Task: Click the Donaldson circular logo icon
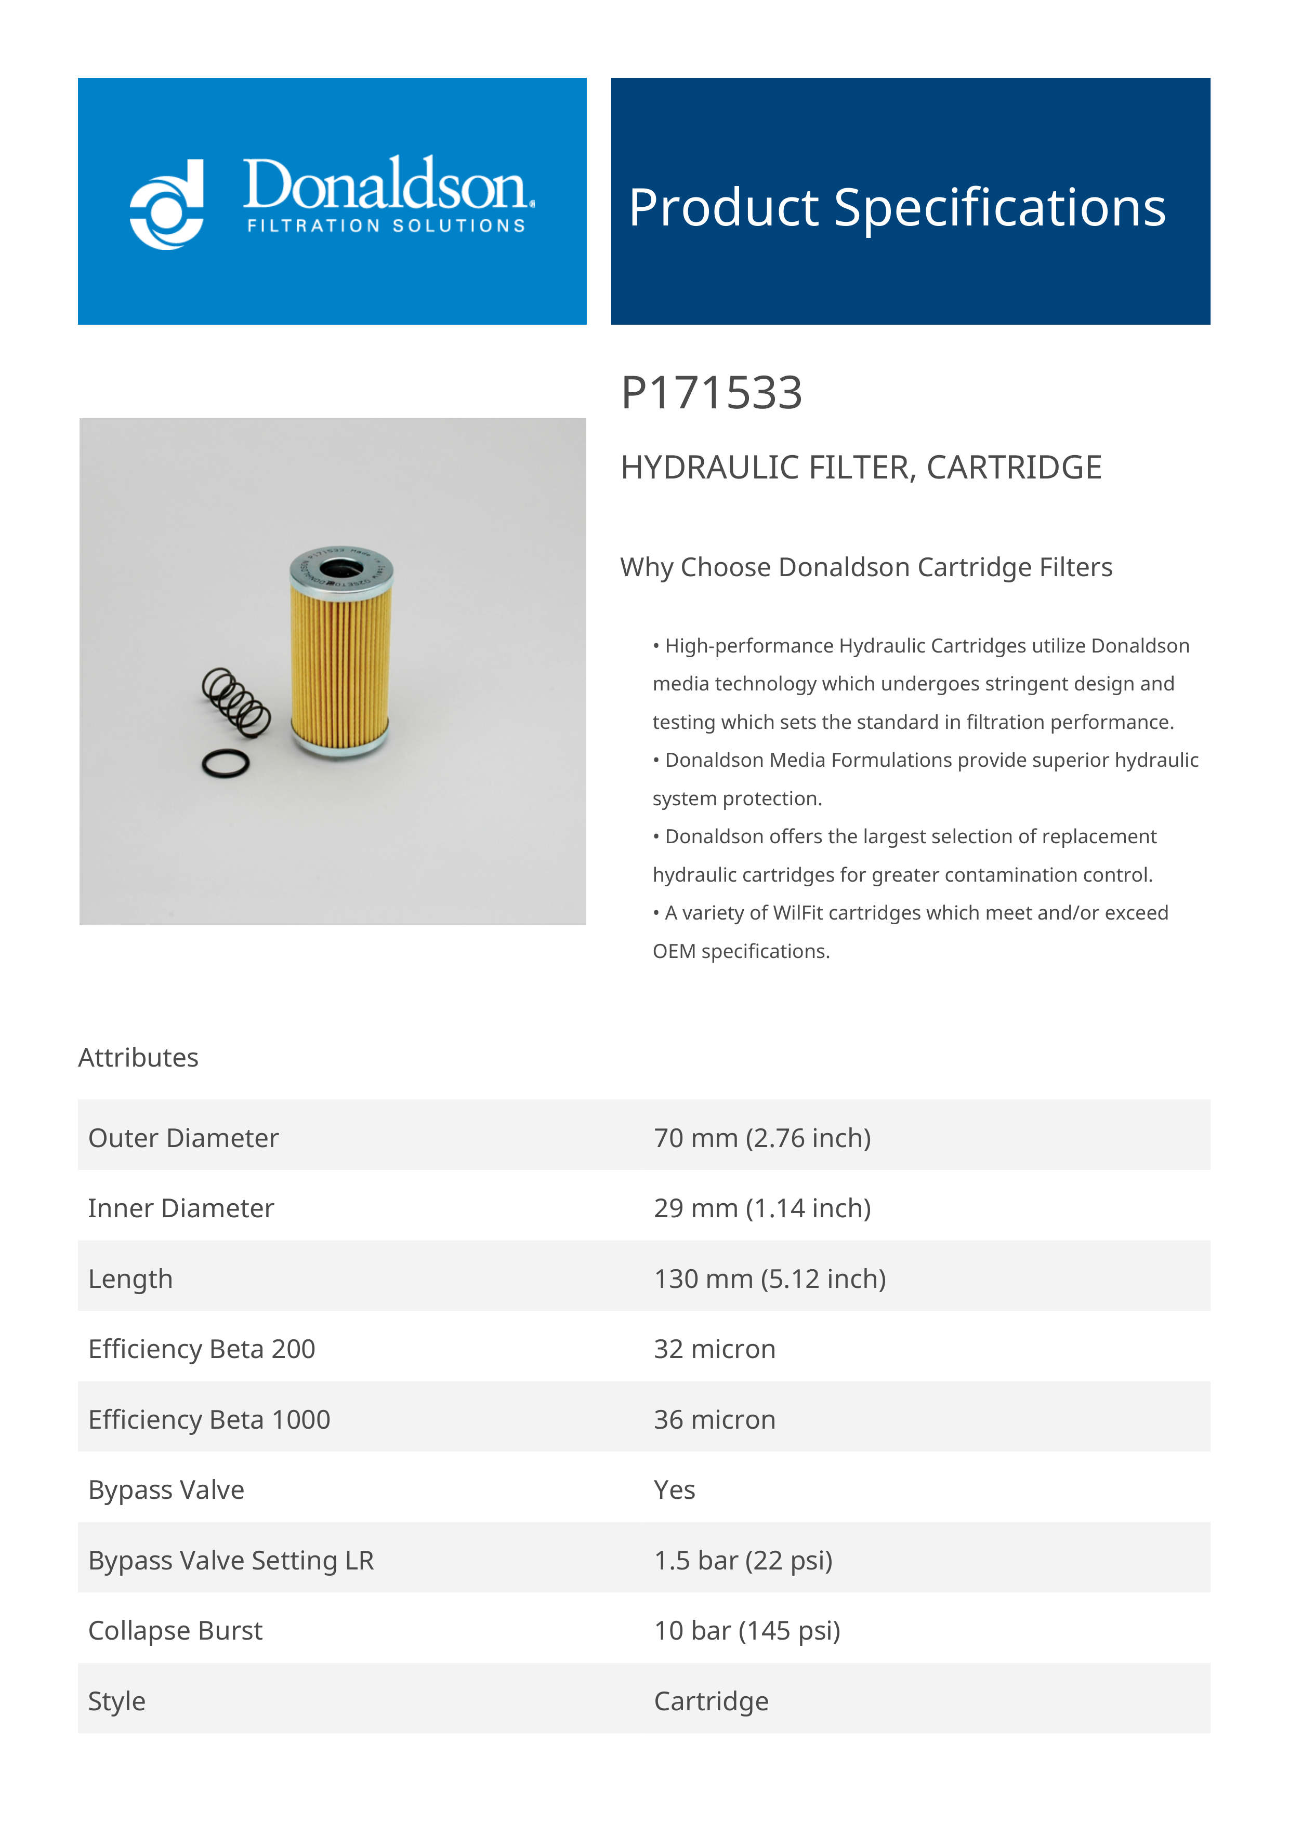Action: click(167, 205)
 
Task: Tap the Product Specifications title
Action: click(897, 208)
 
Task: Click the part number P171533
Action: click(711, 393)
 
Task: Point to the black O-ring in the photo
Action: click(226, 764)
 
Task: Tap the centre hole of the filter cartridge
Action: click(341, 568)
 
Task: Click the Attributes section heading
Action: click(138, 1058)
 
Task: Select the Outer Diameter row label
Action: click(183, 1138)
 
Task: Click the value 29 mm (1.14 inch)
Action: click(761, 1208)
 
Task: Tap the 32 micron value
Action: click(714, 1349)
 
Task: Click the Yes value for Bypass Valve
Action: click(674, 1489)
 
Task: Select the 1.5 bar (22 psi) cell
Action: click(743, 1560)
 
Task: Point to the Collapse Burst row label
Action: click(175, 1630)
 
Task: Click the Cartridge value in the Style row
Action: click(711, 1701)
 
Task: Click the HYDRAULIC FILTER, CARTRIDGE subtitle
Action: click(861, 468)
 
